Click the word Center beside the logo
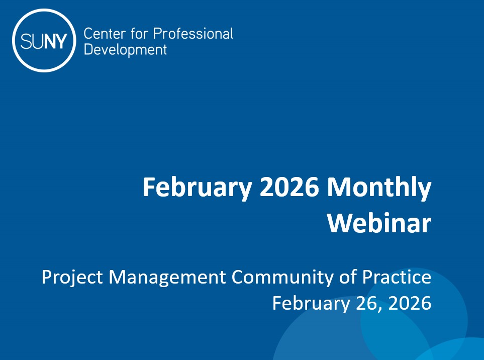pyautogui.click(x=102, y=34)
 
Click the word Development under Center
pyautogui.click(x=125, y=50)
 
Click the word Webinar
pyautogui.click(x=379, y=223)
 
